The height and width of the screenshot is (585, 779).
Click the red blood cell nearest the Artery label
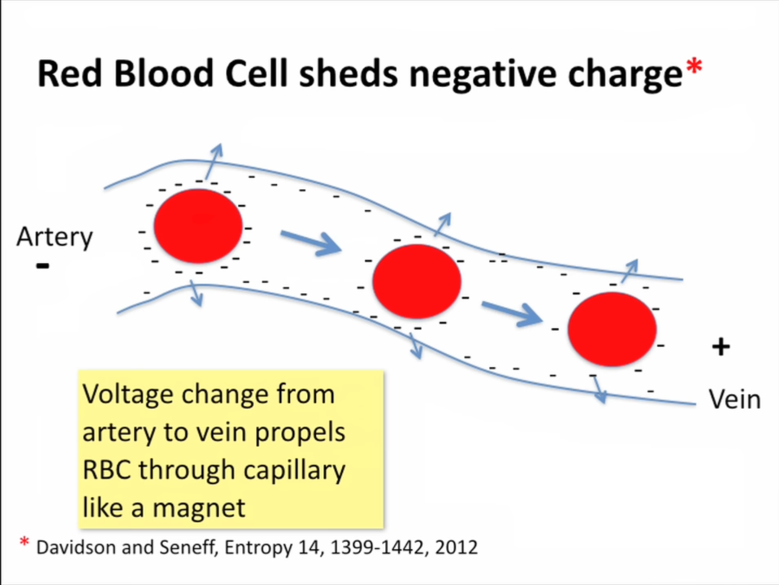198,226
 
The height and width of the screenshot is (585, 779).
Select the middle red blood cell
417,281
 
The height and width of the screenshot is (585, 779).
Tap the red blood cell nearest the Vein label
612,329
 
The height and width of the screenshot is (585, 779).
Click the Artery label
54,237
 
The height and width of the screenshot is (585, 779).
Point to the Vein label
735,399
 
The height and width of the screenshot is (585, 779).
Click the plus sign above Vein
721,347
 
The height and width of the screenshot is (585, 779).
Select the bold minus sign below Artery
42,266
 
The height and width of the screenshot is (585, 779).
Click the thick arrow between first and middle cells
311,243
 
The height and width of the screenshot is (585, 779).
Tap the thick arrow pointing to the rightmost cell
512,314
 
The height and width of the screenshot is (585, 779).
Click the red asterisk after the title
694,66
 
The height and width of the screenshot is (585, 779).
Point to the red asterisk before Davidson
24,541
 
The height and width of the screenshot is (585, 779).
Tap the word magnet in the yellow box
199,507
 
